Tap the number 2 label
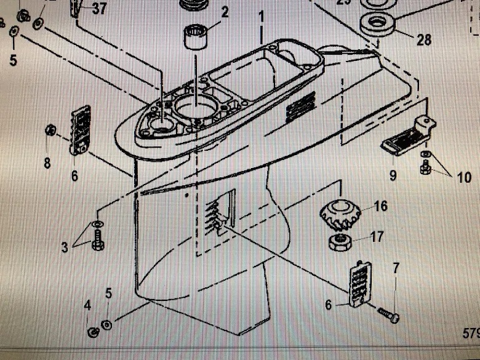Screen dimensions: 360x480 [225, 11]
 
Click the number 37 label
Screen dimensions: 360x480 [99, 9]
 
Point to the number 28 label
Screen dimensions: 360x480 [423, 41]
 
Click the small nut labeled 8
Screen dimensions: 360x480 [51, 130]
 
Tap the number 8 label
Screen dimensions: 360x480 [47, 163]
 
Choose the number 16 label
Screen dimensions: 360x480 [381, 206]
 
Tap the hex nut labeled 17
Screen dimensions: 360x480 [340, 241]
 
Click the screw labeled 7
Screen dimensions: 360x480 [388, 316]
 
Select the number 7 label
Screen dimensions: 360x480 [396, 268]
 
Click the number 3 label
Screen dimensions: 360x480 [65, 248]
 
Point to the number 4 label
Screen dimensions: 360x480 [87, 305]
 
